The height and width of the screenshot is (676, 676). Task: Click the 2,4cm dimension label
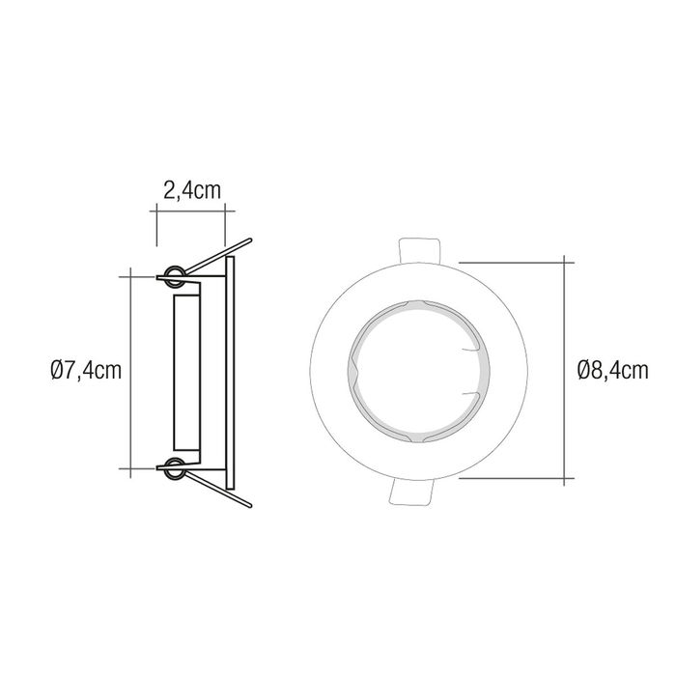coord(191,190)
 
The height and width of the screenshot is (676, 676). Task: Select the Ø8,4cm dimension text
coord(611,369)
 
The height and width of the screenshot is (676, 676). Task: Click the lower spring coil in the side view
coord(175,470)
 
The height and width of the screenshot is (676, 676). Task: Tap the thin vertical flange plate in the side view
coord(229,371)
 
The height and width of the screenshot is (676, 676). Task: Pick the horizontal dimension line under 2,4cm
coord(190,211)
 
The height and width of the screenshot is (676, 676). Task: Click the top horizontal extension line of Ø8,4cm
coord(512,260)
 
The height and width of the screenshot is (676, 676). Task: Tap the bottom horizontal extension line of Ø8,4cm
coord(512,478)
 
